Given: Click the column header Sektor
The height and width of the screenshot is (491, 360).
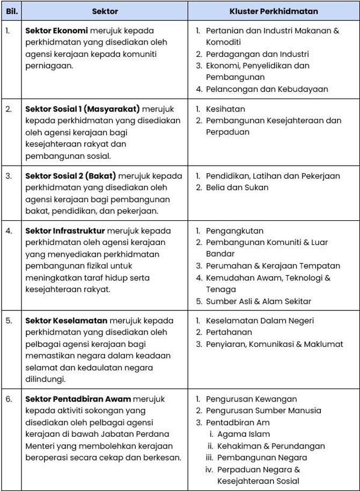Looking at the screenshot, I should pos(105,11).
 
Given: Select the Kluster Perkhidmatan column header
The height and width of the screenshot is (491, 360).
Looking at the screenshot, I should pos(274,11).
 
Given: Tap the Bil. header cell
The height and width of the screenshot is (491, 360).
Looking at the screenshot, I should pos(11,11).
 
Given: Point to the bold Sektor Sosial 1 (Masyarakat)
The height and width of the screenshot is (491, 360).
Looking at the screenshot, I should pos(83,109).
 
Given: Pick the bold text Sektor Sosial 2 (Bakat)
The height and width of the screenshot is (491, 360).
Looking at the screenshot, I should pos(71,176).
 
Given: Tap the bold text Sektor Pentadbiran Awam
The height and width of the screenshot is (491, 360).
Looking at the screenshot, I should pos(78,399).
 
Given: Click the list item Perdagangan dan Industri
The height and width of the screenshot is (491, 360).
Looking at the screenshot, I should pos(257,54).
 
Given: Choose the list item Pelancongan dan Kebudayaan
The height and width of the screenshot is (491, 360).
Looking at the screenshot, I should pos(267,89).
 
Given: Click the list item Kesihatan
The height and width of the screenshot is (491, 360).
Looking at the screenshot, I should pos(225,109).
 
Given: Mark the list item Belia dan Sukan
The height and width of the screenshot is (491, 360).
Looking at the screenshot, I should pos(237,188).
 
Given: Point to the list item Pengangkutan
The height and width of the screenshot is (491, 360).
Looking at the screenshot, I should pos(234,231).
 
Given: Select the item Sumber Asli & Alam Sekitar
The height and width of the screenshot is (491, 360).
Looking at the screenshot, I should pos(259,301).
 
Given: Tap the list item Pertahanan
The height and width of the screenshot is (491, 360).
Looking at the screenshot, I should pos(229,332).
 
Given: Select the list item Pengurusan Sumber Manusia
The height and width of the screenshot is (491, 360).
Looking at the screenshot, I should pos(263,411).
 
